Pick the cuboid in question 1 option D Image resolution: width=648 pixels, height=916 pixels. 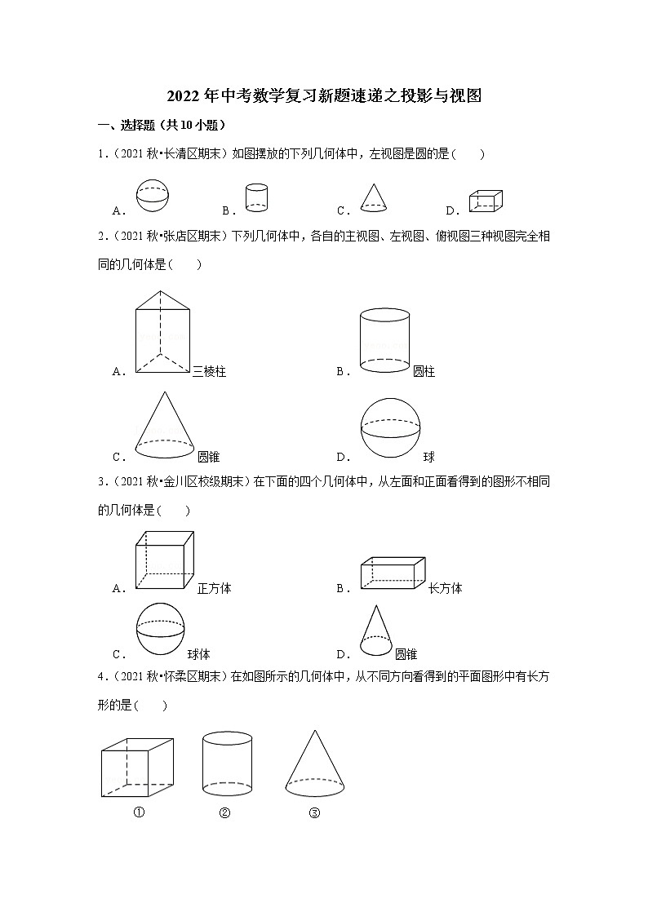pos(485,201)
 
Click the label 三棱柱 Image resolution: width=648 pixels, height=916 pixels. pos(209,372)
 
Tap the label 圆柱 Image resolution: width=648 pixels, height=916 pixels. pos(424,372)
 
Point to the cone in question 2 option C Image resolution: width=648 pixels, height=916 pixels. pos(164,427)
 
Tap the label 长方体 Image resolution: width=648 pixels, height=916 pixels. pos(445,588)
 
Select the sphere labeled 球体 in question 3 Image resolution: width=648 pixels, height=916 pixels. pos(161,628)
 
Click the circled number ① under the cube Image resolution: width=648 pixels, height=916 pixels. pos(139,812)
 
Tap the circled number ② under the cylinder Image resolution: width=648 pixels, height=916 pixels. pos(224,812)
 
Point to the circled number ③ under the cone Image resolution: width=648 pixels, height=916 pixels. pos(314,812)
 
